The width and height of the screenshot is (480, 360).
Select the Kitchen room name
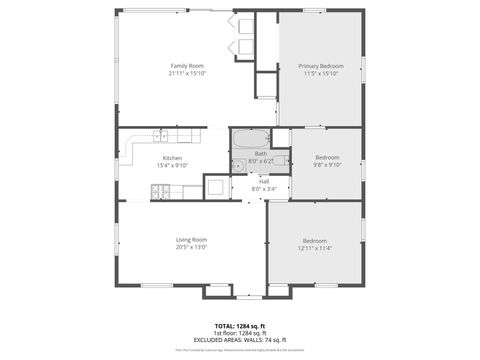tap(172, 158)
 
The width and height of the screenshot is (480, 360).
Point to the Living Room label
tap(191, 239)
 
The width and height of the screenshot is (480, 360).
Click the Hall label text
tap(264, 181)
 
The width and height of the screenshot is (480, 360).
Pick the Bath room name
tap(260, 153)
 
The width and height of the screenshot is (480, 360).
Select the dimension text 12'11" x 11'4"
tap(315, 248)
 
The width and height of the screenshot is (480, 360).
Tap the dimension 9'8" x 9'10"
tap(327, 165)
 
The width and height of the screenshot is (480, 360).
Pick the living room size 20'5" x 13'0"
tap(191, 247)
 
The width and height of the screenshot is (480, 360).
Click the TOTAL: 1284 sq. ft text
tap(240, 326)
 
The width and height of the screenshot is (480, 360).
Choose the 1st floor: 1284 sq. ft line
tap(240, 333)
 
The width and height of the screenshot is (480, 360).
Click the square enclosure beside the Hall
tap(216, 187)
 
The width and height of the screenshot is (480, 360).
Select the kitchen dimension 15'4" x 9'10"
tap(172, 166)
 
